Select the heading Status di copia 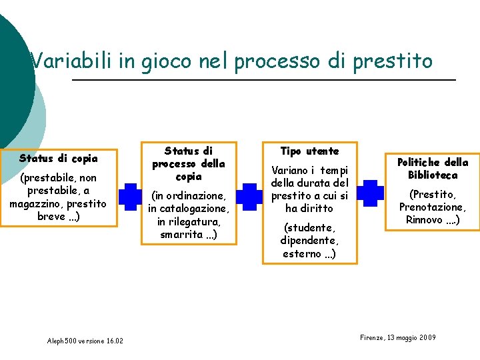click(x=59, y=159)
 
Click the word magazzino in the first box click(x=37, y=203)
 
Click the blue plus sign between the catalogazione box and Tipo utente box click(x=249, y=197)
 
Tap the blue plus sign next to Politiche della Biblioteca click(x=370, y=193)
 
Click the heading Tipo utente click(x=309, y=151)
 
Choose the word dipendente click(x=309, y=241)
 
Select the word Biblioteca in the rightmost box click(x=433, y=175)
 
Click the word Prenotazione click(x=433, y=207)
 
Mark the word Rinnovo click(x=425, y=220)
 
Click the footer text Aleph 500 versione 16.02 click(x=85, y=341)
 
